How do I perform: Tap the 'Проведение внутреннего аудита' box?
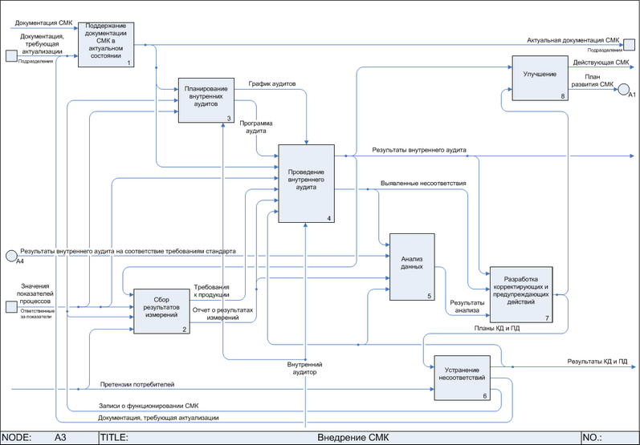pyautogui.click(x=306, y=183)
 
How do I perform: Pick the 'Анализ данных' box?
pyautogui.click(x=411, y=267)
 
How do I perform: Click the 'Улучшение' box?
pyautogui.click(x=540, y=77)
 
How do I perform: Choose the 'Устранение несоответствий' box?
pyautogui.click(x=462, y=378)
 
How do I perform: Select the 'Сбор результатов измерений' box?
pyautogui.click(x=161, y=310)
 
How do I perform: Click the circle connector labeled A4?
pyautogui.click(x=11, y=255)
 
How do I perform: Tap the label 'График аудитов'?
pyautogui.click(x=271, y=83)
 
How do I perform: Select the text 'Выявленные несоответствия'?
pyautogui.click(x=423, y=184)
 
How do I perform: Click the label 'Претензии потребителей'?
pyautogui.click(x=137, y=385)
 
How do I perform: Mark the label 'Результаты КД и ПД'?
pyautogui.click(x=597, y=362)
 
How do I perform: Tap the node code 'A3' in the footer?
pyautogui.click(x=60, y=438)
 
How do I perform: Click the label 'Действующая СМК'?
pyautogui.click(x=601, y=62)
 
